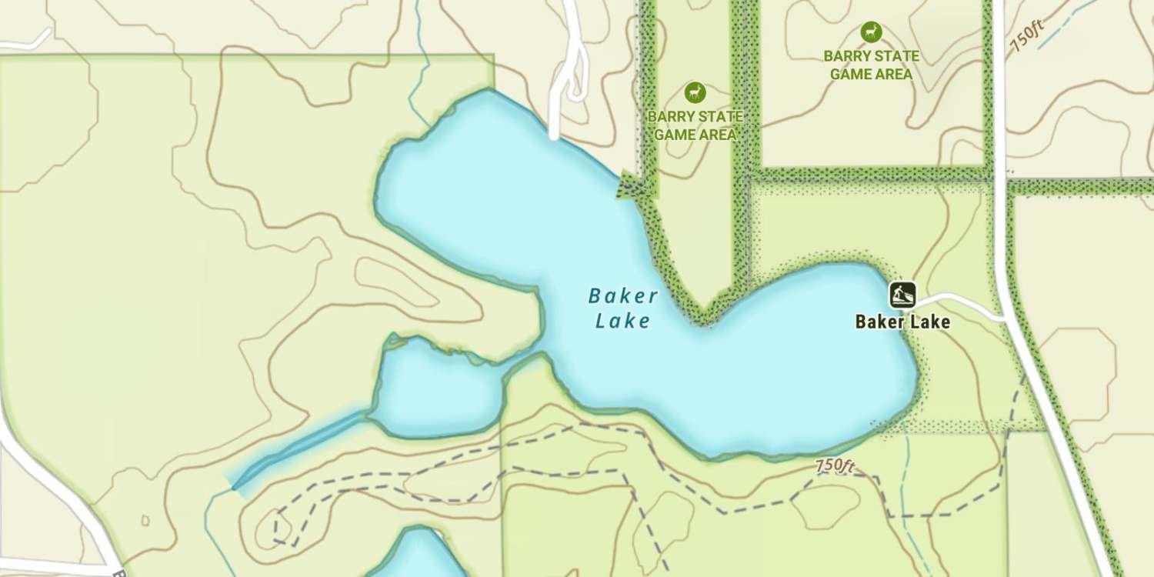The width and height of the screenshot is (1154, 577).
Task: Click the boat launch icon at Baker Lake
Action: click(902, 295)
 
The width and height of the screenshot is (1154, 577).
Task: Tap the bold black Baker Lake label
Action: click(902, 322)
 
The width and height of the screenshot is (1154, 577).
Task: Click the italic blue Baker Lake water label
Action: click(622, 308)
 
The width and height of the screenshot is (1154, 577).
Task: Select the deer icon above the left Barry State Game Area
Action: click(695, 93)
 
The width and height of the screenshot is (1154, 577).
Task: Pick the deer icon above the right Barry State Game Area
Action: click(871, 32)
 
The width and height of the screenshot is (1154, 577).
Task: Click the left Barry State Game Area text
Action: click(695, 125)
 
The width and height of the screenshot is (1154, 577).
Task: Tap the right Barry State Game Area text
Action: click(871, 65)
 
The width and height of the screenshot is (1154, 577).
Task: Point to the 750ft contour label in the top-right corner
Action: click(1026, 35)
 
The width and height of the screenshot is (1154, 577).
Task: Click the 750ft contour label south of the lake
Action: click(835, 466)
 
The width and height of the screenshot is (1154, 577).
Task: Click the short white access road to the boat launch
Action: click(958, 302)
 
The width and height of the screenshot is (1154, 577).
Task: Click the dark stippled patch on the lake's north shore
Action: click(634, 186)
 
